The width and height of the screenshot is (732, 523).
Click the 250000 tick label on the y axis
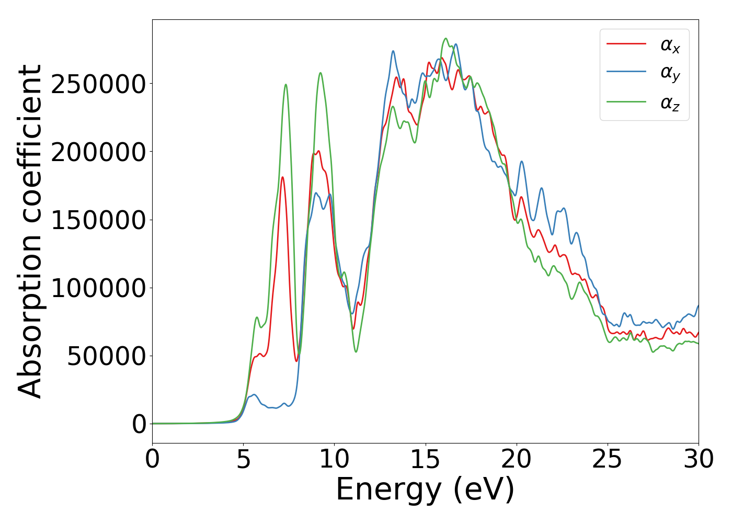pyautogui.click(x=98, y=84)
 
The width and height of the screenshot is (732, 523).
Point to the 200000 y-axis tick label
pyautogui.click(x=98, y=152)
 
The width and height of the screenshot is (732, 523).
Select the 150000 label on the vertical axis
pyautogui.click(x=98, y=220)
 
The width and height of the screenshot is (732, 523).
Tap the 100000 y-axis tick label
pyautogui.click(x=98, y=288)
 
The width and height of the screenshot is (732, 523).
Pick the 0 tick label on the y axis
pyautogui.click(x=139, y=424)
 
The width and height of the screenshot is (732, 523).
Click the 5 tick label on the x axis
pyautogui.click(x=243, y=459)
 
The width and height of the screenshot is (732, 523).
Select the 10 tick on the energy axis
pyautogui.click(x=334, y=459)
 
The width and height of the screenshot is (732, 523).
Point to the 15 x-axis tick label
pyautogui.click(x=425, y=459)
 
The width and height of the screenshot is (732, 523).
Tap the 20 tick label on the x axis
pyautogui.click(x=516, y=459)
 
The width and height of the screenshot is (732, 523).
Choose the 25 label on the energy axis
pyautogui.click(x=607, y=459)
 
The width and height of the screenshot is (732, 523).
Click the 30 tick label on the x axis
pyautogui.click(x=698, y=459)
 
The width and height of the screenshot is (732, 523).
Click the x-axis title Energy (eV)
pyautogui.click(x=425, y=490)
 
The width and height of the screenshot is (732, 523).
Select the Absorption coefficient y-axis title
pyautogui.click(x=30, y=231)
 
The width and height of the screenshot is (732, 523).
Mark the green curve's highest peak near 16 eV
pyautogui.click(x=445, y=38)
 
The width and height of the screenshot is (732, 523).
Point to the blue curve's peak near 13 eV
pyautogui.click(x=393, y=51)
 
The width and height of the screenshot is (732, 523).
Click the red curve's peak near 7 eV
pyautogui.click(x=282, y=177)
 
